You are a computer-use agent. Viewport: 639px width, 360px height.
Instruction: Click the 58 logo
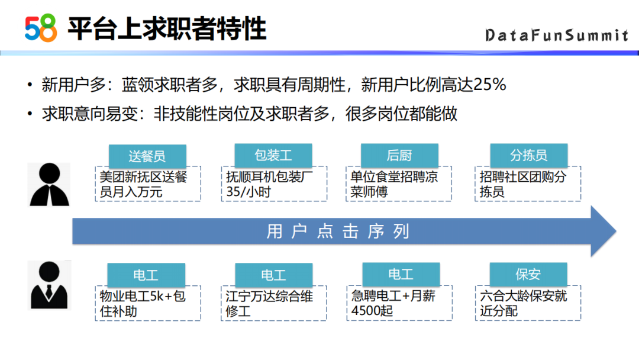pyautogui.click(x=41, y=28)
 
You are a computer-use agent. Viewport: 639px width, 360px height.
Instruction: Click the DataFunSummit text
pyautogui.click(x=557, y=36)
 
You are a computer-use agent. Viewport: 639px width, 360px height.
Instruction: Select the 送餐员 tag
pyautogui.click(x=147, y=156)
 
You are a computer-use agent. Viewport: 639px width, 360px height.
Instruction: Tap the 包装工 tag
pyautogui.click(x=273, y=155)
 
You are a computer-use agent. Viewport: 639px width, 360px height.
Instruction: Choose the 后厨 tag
pyautogui.click(x=399, y=155)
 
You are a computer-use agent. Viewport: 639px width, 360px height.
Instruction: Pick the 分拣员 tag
pyautogui.click(x=528, y=155)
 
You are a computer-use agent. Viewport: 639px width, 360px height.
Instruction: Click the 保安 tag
pyautogui.click(x=528, y=274)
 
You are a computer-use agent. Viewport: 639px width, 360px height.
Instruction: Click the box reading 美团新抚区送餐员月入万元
pyautogui.click(x=148, y=184)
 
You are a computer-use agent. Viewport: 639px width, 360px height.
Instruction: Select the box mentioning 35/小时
pyautogui.click(x=275, y=184)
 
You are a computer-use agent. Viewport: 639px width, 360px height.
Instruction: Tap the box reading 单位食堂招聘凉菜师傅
pyautogui.click(x=399, y=184)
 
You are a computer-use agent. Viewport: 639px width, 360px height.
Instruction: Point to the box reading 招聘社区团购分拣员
pyautogui.click(x=528, y=184)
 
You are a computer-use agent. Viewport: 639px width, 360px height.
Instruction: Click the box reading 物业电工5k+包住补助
pyautogui.click(x=148, y=303)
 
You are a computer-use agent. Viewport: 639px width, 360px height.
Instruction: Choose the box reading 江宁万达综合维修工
pyautogui.click(x=274, y=303)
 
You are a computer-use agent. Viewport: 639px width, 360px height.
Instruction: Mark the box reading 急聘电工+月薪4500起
pyautogui.click(x=399, y=303)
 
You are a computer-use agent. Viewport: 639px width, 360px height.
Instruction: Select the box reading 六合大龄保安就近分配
pyautogui.click(x=528, y=303)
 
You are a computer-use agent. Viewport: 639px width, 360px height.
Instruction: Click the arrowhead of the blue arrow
pyautogui.click(x=603, y=231)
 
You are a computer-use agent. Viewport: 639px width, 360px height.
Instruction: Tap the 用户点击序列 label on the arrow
pyautogui.click(x=338, y=231)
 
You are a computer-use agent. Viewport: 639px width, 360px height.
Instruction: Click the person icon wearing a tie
pyautogui.click(x=49, y=285)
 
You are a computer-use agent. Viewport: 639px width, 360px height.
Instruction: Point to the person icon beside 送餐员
pyautogui.click(x=49, y=185)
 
